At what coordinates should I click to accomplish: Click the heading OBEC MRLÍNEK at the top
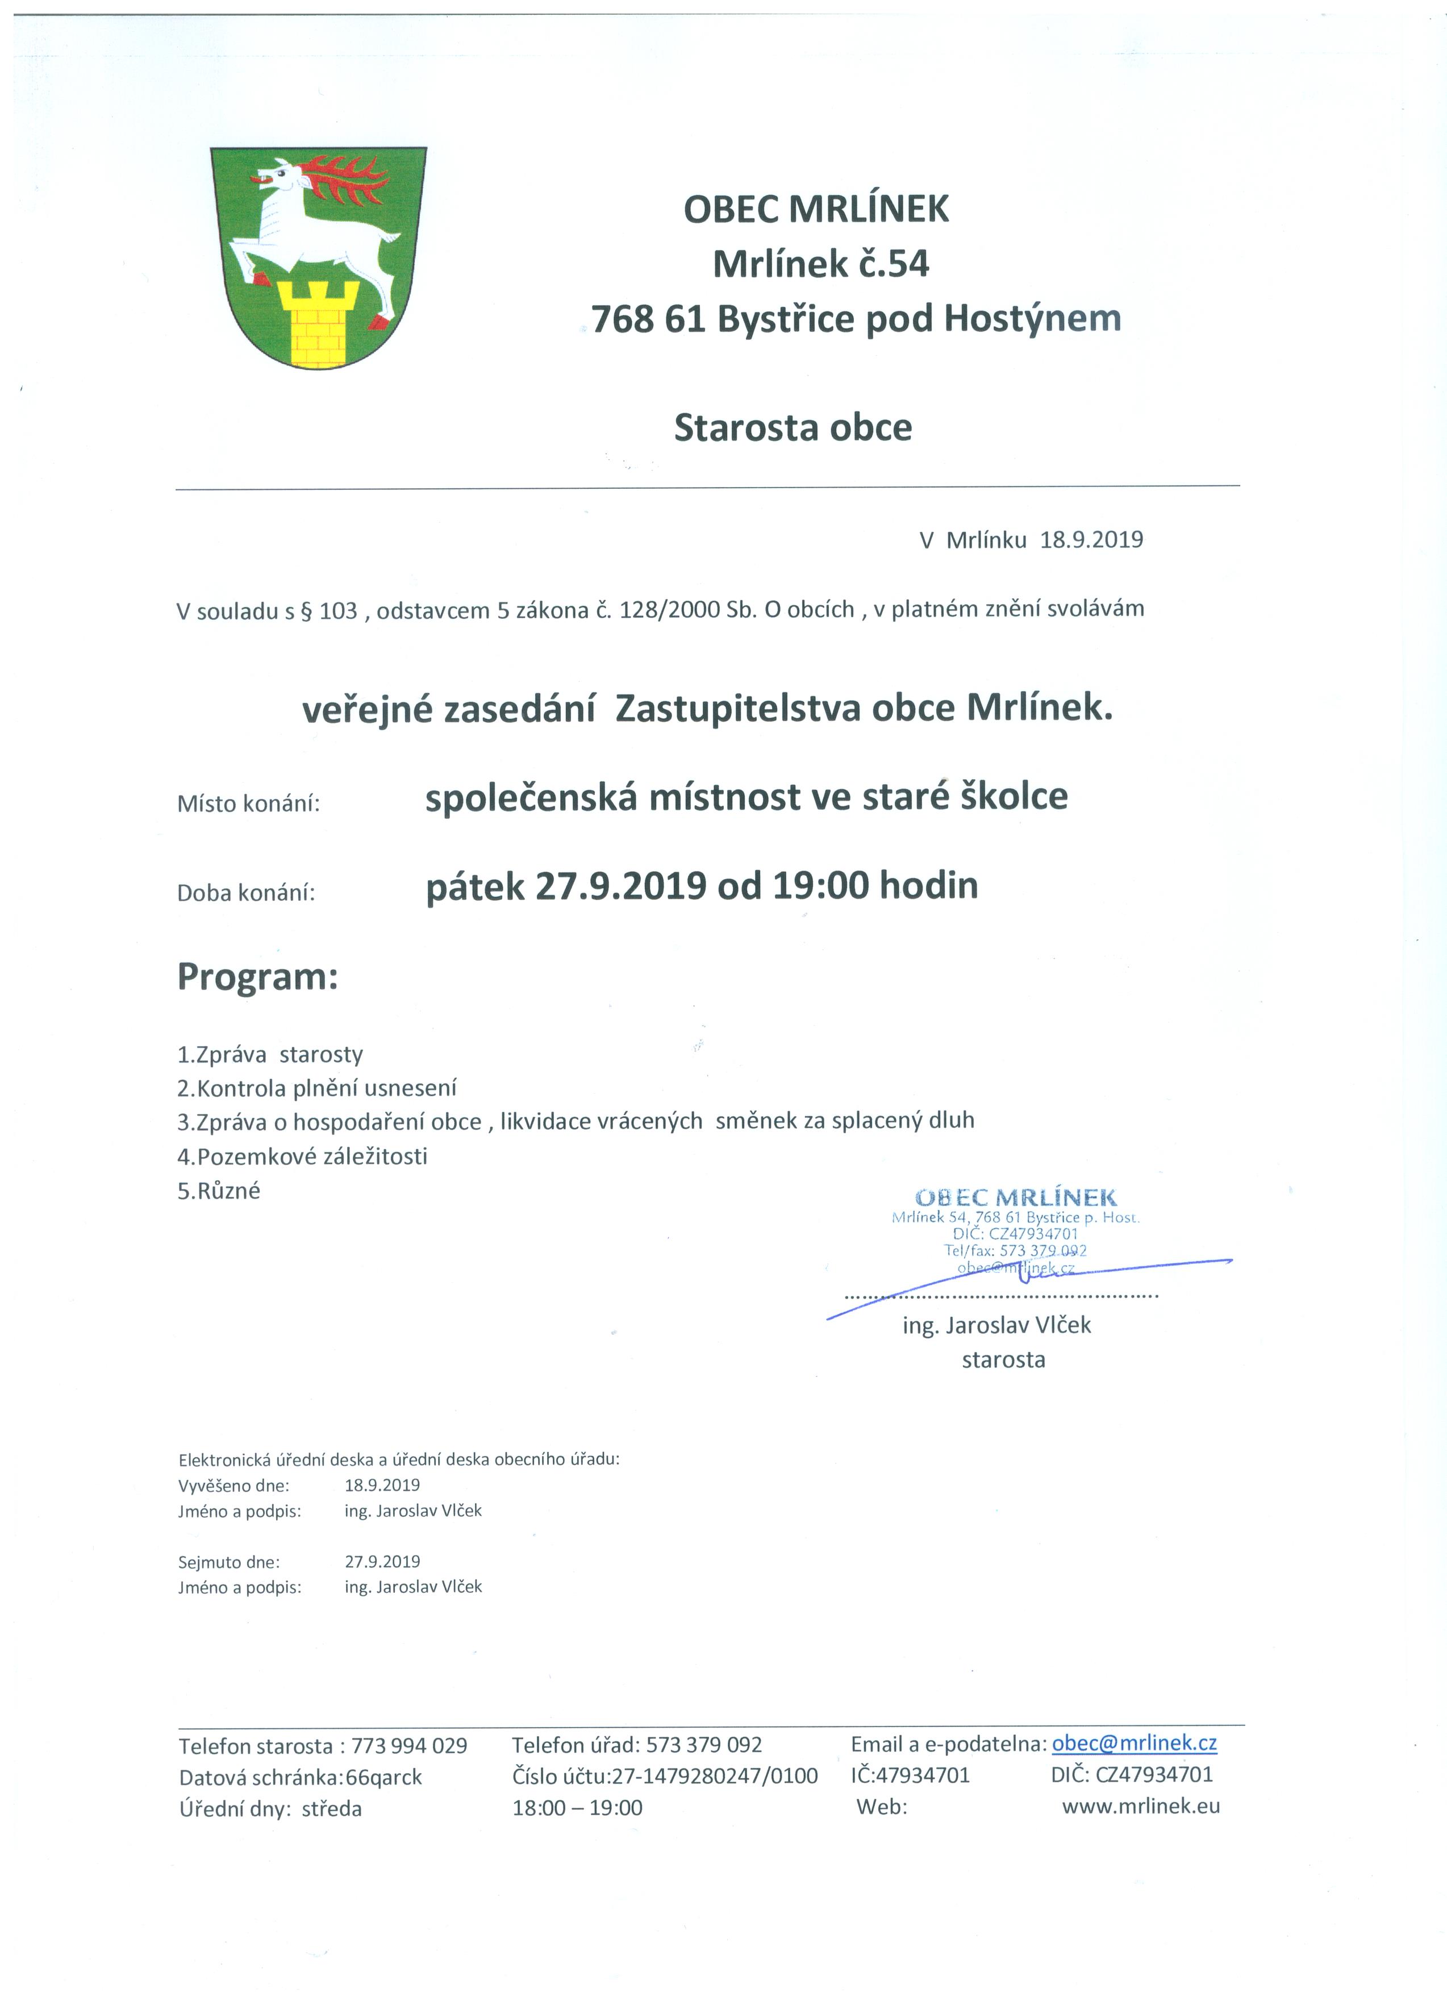click(816, 209)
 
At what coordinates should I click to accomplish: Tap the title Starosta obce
click(793, 428)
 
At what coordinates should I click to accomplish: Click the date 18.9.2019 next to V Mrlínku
click(1091, 539)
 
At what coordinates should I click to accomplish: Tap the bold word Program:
click(257, 976)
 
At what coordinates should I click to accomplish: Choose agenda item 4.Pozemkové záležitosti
click(302, 1156)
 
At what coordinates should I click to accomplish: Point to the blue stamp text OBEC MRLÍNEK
click(1016, 1198)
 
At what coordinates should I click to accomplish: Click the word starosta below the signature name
click(1003, 1360)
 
